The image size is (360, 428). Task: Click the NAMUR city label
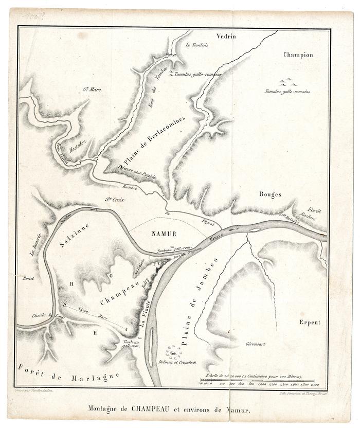tap(165, 234)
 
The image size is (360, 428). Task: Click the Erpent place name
tap(309, 323)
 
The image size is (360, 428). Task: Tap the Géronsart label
tap(256, 344)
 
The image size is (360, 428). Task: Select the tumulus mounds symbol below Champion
tap(287, 82)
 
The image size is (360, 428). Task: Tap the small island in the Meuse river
tap(256, 230)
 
